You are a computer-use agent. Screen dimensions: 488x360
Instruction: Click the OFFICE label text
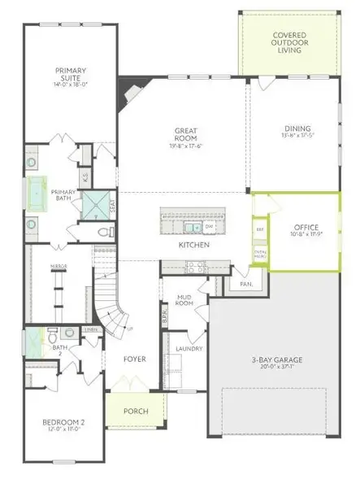tap(306, 228)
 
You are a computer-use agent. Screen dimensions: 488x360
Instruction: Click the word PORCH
tap(135, 412)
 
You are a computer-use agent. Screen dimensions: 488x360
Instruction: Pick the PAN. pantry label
tap(245, 285)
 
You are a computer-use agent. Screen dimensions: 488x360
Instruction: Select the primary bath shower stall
tap(98, 205)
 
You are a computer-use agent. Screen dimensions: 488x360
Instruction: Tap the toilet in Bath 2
tap(53, 333)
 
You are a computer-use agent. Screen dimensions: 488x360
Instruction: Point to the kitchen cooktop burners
tap(196, 265)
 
